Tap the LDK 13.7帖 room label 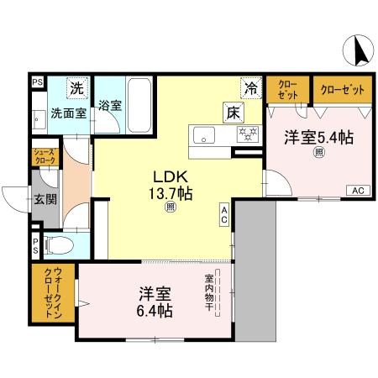click(x=171, y=185)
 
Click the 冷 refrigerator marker click(x=250, y=87)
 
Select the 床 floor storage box click(x=232, y=110)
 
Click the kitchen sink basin click(x=204, y=135)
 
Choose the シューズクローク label click(x=44, y=156)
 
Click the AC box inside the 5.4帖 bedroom click(x=356, y=190)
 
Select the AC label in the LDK click(x=225, y=215)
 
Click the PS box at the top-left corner click(x=36, y=82)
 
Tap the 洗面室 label click(x=66, y=112)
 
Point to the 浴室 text click(x=110, y=107)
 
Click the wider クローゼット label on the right click(x=343, y=88)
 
